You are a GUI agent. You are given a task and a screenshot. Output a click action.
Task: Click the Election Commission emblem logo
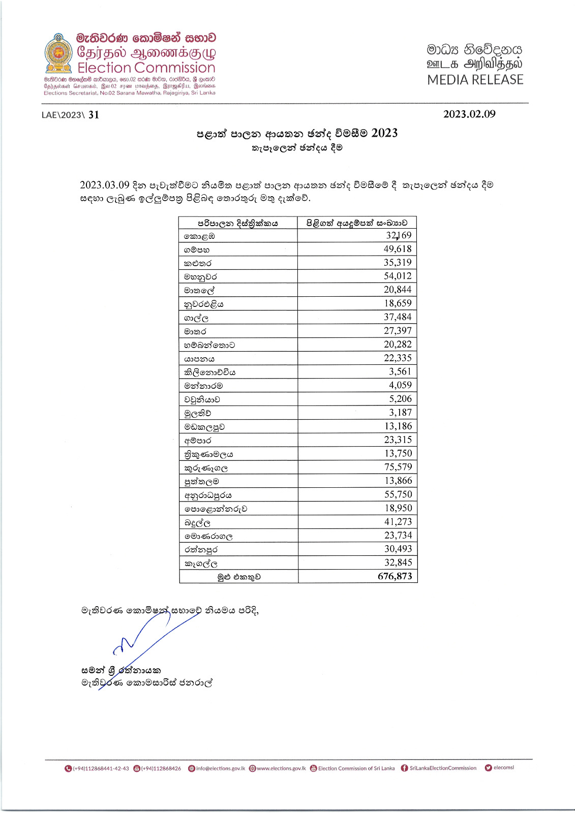tap(58, 54)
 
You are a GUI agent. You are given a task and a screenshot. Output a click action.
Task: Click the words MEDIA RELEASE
tap(475, 80)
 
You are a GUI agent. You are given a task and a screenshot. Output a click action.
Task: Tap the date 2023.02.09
tap(469, 114)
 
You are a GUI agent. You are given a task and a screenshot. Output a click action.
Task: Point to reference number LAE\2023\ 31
tap(70, 115)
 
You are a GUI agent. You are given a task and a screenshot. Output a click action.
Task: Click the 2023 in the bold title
tap(384, 133)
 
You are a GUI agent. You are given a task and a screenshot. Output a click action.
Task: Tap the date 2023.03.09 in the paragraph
tap(105, 185)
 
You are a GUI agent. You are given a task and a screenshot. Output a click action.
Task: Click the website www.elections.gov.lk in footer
tap(281, 768)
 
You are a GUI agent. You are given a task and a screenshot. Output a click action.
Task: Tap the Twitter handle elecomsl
tap(503, 768)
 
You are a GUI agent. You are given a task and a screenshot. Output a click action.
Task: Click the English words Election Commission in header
tap(146, 68)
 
